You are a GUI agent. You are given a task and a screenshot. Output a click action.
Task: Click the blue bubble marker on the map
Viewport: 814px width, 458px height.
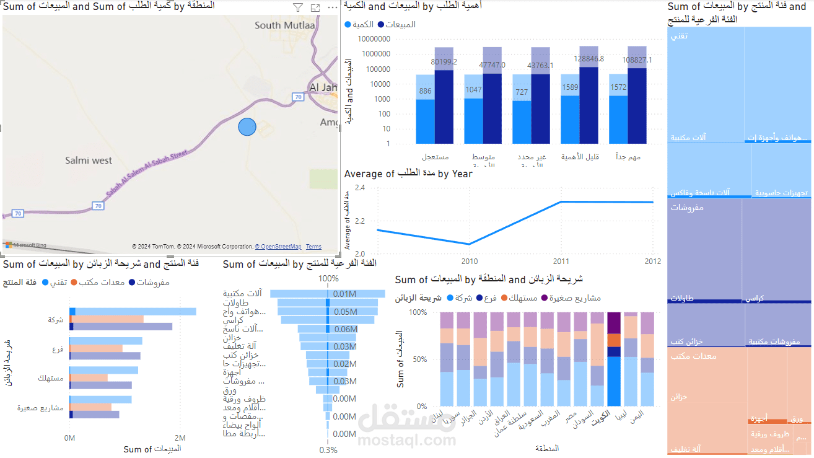pos(247,126)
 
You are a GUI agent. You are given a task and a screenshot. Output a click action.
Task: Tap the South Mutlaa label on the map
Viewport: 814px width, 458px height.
pos(285,25)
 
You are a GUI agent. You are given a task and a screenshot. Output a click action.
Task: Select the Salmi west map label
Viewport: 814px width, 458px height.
pos(89,161)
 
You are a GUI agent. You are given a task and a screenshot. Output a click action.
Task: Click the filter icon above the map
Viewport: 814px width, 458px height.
pos(298,8)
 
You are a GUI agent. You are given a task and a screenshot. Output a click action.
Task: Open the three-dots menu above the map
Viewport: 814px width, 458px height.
pos(333,8)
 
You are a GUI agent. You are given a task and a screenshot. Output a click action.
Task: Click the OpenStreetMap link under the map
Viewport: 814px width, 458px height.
pos(278,247)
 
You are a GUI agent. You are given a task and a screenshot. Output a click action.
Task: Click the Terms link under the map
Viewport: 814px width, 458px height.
pos(313,247)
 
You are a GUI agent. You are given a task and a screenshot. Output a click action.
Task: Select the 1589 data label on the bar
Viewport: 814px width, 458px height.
pos(571,87)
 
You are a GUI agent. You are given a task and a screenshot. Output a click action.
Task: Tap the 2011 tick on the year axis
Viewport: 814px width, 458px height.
pos(561,260)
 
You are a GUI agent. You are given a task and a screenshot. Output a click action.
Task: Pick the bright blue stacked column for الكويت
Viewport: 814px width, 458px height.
pos(614,381)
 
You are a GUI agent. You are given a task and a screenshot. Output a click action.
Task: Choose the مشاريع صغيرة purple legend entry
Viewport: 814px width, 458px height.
pos(571,297)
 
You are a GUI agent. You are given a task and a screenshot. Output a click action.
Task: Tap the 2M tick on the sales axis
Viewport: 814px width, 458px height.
pos(180,438)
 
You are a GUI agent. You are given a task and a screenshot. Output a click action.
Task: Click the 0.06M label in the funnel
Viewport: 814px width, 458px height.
pos(344,329)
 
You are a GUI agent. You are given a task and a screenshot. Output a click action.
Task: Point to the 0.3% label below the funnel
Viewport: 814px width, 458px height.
pos(328,450)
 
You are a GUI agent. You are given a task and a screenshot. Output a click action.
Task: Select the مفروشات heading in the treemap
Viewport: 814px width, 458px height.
pos(687,208)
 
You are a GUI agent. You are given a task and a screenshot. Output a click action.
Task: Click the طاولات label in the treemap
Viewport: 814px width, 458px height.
pos(682,298)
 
